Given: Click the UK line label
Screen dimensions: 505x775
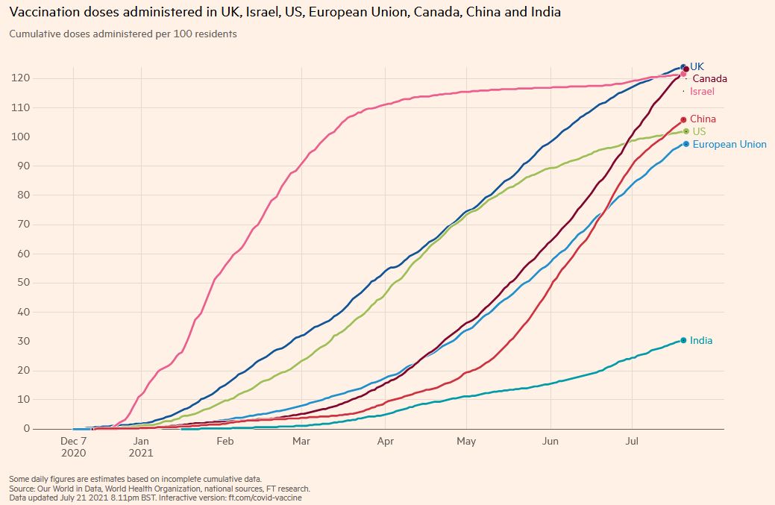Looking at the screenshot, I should [x=697, y=66].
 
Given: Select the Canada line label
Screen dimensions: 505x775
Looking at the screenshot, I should [x=709, y=79].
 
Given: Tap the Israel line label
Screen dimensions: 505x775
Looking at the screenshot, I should [x=702, y=92].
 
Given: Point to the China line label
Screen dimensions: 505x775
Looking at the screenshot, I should [x=703, y=119].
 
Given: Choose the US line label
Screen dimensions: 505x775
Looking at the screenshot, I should [x=699, y=132].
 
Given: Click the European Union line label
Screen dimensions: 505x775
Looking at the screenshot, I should [x=729, y=145].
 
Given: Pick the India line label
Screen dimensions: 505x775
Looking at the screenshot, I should [x=701, y=341].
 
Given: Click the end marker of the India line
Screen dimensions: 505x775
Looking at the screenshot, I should [x=684, y=341].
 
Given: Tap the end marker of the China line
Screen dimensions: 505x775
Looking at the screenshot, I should [x=683, y=119].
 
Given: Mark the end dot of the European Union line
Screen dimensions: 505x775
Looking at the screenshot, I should [x=686, y=144].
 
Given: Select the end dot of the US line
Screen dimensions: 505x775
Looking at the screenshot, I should [x=685, y=132].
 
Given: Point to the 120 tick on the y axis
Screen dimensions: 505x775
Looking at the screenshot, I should [x=19, y=78].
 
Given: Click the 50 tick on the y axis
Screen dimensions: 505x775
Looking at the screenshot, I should [x=22, y=283].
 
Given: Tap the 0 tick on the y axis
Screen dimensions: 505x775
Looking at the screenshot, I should [x=25, y=429].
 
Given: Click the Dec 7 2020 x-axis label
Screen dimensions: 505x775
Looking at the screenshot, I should [x=74, y=447].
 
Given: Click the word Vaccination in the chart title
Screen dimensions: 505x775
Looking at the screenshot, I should [x=45, y=13].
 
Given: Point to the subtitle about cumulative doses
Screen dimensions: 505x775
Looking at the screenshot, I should [x=123, y=34].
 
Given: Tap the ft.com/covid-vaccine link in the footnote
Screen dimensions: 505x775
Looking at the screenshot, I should [x=266, y=497].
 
